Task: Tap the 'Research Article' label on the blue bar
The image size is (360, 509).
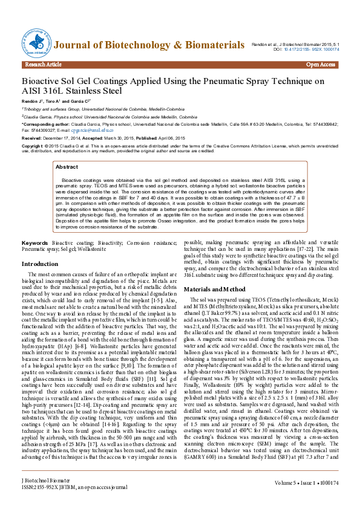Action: [44, 64]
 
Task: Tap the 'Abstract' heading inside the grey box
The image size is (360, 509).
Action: [67, 166]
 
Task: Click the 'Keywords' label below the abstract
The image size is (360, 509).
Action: [35, 242]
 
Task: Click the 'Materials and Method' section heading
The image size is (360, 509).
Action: [214, 289]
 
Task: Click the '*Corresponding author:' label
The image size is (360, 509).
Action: [42, 122]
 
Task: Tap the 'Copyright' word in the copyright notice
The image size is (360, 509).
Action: [31, 146]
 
